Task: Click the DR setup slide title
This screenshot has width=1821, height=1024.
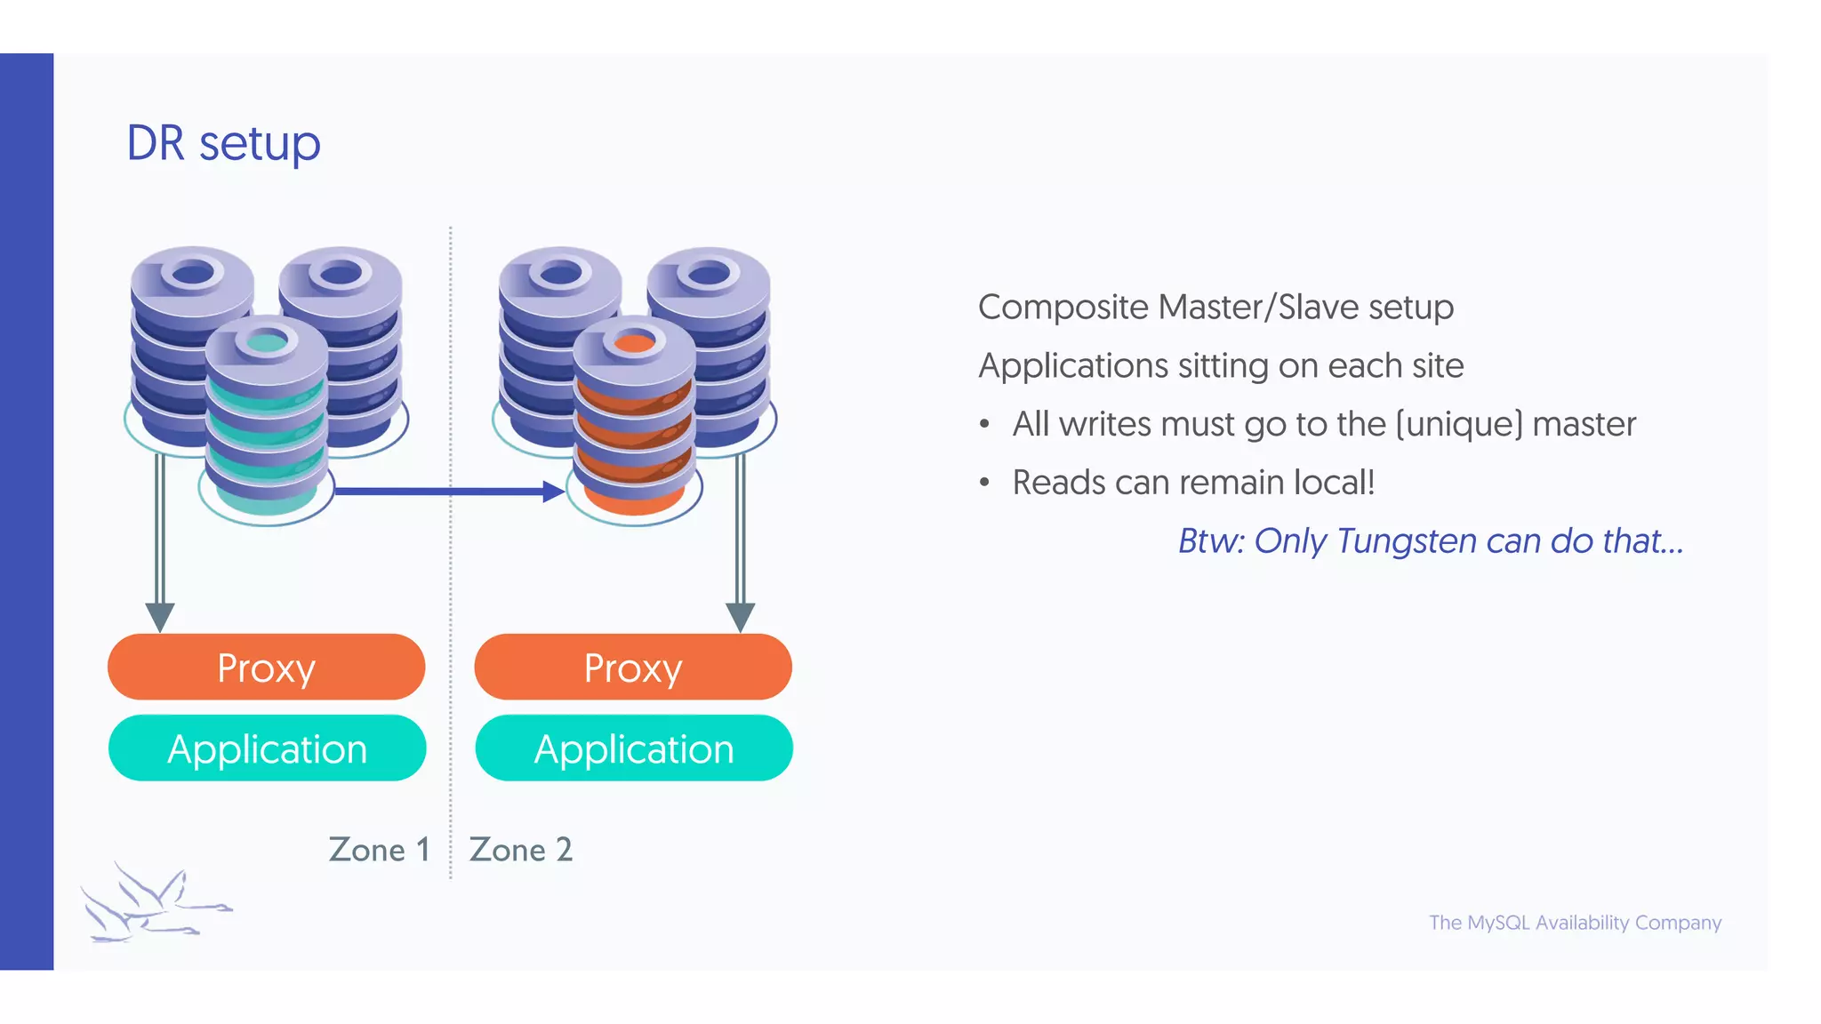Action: pos(223,143)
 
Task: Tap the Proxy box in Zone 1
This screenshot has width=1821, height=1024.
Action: pos(266,668)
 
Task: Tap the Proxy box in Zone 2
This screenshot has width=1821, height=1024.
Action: pos(633,668)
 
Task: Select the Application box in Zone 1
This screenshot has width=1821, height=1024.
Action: pos(267,748)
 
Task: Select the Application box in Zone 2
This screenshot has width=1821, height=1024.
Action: pos(634,748)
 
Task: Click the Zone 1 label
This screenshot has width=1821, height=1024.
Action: pos(380,850)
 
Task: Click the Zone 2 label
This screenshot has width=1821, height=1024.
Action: pos(520,850)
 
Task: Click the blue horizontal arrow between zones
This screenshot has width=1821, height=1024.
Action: pos(445,491)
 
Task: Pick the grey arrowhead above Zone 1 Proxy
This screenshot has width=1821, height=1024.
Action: pos(160,616)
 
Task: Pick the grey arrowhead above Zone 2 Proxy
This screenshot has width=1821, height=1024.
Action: pos(740,616)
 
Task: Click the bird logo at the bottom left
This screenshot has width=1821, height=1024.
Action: pos(151,902)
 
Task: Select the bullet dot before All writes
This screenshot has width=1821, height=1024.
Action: pos(984,425)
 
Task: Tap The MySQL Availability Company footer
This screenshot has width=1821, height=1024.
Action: pos(1575,923)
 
